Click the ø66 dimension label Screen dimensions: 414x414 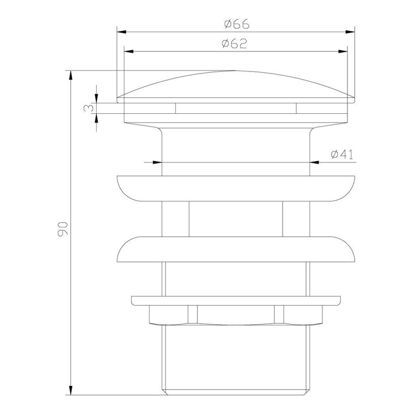(236, 24)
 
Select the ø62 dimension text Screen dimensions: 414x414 (234, 43)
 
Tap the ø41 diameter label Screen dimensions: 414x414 (342, 154)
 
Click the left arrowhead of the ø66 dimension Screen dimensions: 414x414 (121, 32)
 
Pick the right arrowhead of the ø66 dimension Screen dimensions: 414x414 (350, 32)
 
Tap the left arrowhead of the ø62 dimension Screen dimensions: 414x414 (129, 51)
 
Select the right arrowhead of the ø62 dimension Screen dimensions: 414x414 (343, 51)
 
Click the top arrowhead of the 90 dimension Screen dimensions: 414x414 (70, 75)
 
